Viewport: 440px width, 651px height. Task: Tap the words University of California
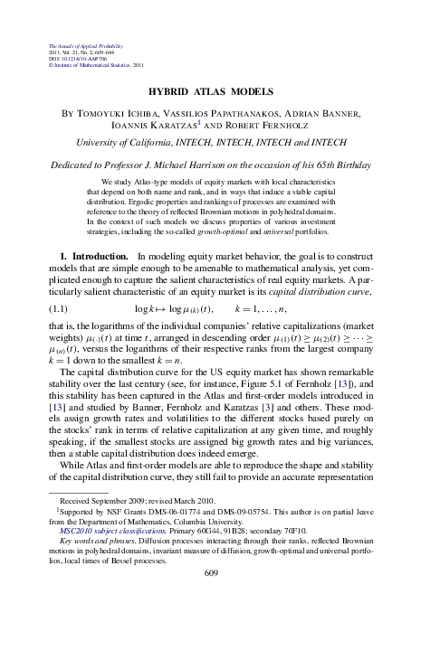point(121,143)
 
